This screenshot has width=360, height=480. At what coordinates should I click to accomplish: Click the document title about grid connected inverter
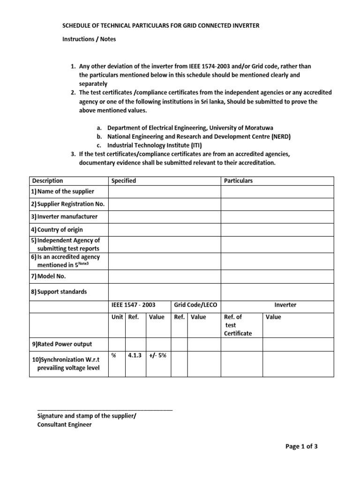pos(161,25)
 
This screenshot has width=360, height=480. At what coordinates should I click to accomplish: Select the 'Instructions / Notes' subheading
pos(89,39)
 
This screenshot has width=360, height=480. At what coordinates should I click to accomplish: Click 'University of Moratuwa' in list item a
pos(241,128)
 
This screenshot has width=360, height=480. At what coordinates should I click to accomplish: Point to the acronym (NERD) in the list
pos(277,136)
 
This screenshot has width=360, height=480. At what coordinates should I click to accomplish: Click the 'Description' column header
pos(47,181)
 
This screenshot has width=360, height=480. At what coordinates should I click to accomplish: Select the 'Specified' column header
pos(124,181)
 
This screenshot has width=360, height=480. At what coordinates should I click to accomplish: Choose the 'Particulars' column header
pos(239,181)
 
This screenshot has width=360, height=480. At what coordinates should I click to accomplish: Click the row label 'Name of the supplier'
pos(63,191)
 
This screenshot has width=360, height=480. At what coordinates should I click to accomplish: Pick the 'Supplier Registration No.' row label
pos(68,204)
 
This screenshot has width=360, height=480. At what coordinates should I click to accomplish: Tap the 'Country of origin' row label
pos(57,230)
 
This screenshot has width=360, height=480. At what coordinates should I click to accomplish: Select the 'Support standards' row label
pos(59,292)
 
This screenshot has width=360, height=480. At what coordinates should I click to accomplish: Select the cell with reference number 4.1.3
pos(135,356)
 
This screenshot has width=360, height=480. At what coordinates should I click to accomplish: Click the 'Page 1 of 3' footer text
pos(301,446)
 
